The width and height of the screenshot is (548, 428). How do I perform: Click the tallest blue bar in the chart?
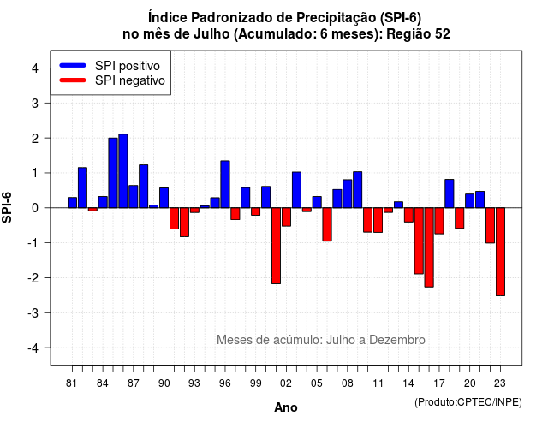pyautogui.click(x=123, y=171)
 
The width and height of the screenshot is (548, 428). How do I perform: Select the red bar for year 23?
pyautogui.click(x=500, y=252)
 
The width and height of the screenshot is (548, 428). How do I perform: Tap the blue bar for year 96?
pyautogui.click(x=225, y=184)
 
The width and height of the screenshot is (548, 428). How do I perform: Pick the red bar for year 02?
pyautogui.click(x=286, y=217)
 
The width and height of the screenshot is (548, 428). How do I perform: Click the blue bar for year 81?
pyautogui.click(x=72, y=203)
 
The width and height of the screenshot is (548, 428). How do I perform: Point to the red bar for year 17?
pyautogui.click(x=439, y=221)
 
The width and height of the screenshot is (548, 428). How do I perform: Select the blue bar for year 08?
pyautogui.click(x=348, y=193)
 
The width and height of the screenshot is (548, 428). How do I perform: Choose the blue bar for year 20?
pyautogui.click(x=470, y=201)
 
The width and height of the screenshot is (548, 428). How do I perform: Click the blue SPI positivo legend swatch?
pyautogui.click(x=73, y=65)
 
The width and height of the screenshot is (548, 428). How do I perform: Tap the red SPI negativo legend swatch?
pyautogui.click(x=73, y=80)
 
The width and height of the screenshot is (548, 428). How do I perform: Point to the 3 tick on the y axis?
pyautogui.click(x=47, y=103)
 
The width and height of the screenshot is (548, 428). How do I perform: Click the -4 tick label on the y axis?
pyautogui.click(x=33, y=348)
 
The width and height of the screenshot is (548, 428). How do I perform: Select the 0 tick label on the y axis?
pyautogui.click(x=35, y=208)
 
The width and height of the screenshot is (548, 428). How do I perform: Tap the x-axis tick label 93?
pyautogui.click(x=194, y=383)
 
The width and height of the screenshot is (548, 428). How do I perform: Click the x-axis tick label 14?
pyautogui.click(x=408, y=383)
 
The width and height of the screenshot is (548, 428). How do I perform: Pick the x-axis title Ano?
pyautogui.click(x=286, y=407)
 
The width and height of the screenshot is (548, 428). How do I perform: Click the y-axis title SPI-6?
pyautogui.click(x=7, y=207)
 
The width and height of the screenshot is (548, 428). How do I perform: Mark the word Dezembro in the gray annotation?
pyautogui.click(x=397, y=340)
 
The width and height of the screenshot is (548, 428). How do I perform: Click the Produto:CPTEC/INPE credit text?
pyautogui.click(x=468, y=402)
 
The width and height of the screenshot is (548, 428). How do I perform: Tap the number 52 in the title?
pyautogui.click(x=443, y=34)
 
